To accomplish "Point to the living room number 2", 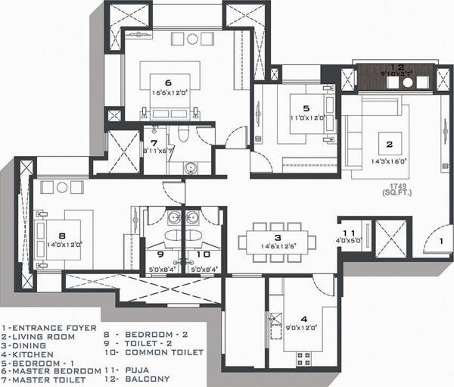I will [x=389, y=142].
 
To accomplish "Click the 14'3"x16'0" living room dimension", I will [x=390, y=161].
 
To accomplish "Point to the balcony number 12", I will [x=397, y=67].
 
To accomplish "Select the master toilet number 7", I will [x=154, y=142].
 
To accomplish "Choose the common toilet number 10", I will [x=196, y=254].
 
